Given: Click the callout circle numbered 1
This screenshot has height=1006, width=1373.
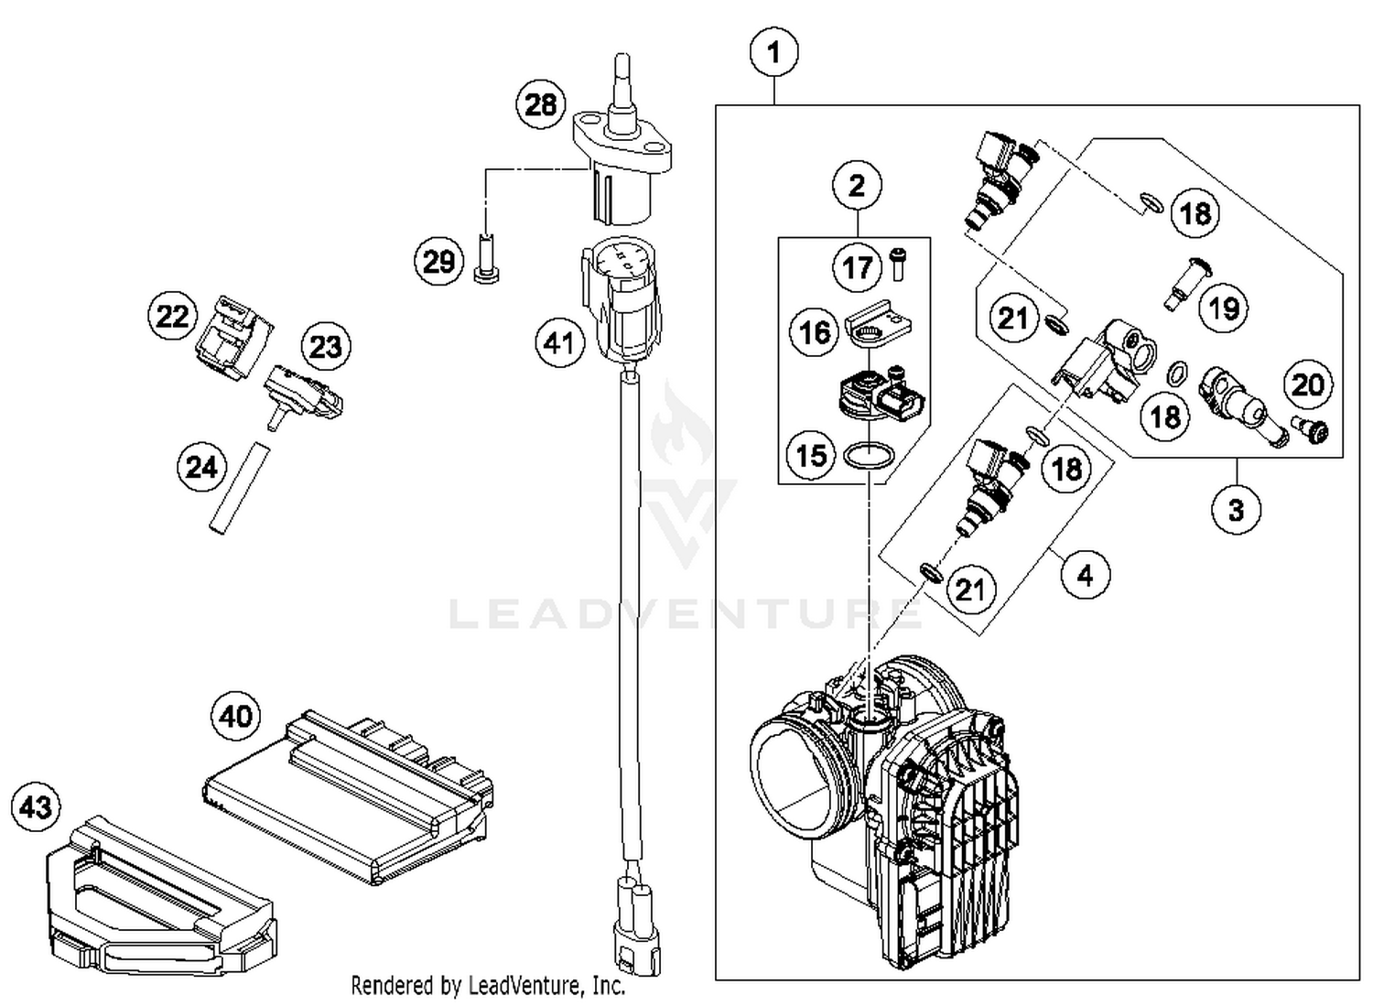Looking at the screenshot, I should [773, 52].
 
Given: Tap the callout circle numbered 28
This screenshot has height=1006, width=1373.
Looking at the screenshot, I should [540, 104].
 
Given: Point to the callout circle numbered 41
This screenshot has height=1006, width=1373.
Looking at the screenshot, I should [559, 343].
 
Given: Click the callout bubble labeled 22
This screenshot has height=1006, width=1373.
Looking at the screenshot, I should [172, 317].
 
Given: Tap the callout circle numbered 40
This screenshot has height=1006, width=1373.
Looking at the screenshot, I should [235, 715].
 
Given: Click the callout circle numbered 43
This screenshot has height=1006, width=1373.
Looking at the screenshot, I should [36, 807].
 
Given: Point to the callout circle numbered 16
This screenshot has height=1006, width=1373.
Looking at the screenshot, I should [815, 332].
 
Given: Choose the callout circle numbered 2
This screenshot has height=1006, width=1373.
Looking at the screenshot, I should [857, 186].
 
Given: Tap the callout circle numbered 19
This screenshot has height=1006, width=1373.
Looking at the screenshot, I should [1224, 308].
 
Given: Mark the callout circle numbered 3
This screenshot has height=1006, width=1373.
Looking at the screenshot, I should [1236, 509].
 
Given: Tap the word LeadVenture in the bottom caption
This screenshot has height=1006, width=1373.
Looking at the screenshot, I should [523, 986].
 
